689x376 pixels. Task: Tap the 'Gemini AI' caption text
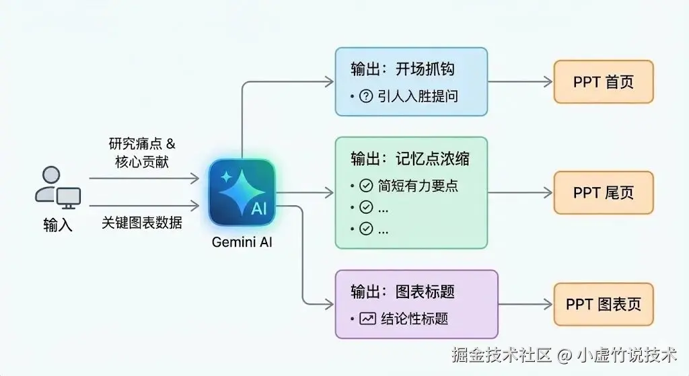point(242,242)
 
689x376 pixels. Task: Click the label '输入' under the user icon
point(57,225)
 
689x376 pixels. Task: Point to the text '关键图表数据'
point(142,222)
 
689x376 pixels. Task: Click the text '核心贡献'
point(142,162)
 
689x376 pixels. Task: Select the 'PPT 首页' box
point(603,82)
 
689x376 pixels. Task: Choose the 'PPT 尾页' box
point(603,192)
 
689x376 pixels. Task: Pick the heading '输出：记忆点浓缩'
point(410,159)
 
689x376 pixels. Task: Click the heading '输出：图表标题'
point(402,291)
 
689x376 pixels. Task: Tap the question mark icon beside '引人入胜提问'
point(366,96)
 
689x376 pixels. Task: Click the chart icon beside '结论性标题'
point(367,318)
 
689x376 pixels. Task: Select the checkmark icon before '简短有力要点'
point(366,185)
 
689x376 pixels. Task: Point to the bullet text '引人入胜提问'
point(417,96)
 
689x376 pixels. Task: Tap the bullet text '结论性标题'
point(414,318)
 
